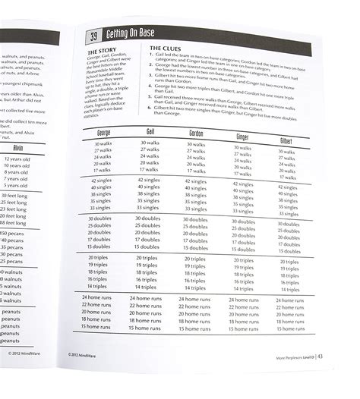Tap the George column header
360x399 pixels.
[x=104, y=132]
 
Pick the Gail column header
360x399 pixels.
[x=150, y=133]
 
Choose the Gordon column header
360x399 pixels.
[x=197, y=134]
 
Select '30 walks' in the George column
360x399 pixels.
[x=104, y=144]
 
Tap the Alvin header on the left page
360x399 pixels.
[x=17, y=148]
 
